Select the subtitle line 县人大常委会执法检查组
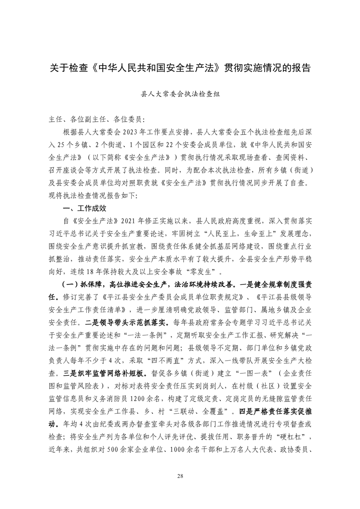(x=180, y=96)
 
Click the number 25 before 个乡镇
(x=62, y=146)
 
